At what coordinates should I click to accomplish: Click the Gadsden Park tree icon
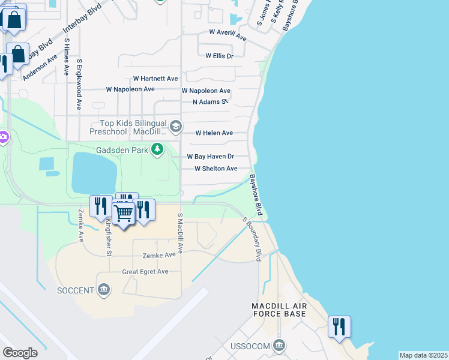pos(157,148)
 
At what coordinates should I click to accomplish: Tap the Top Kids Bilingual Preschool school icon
pos(176,125)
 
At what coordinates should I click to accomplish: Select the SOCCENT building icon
pos(104,290)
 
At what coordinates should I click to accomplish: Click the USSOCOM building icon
pos(278,346)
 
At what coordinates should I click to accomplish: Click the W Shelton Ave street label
pos(215,169)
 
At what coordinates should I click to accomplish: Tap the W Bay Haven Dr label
pos(210,156)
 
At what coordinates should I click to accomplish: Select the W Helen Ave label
pos(214,133)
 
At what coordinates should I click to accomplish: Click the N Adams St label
pos(210,102)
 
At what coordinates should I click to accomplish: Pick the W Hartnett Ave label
pos(155,79)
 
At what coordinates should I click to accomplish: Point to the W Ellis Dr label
pos(219,56)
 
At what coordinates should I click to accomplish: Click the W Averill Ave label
pos(228,34)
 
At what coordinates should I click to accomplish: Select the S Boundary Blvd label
pos(253,238)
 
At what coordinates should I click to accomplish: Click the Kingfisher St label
pos(109,229)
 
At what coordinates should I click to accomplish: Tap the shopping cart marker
pos(123,213)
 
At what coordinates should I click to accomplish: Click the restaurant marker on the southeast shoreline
pos(339,327)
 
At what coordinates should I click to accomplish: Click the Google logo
pos(20,353)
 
